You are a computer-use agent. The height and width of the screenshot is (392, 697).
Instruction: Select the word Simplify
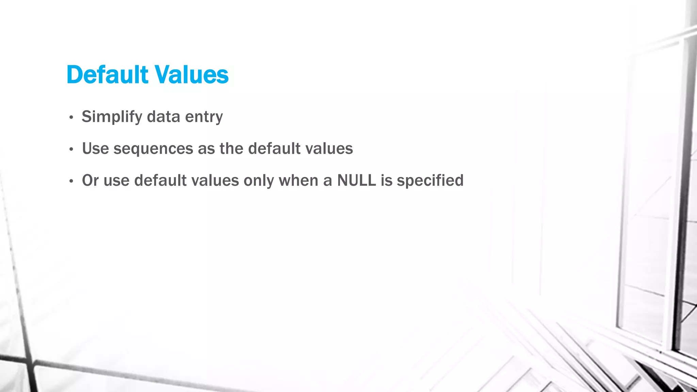(x=112, y=117)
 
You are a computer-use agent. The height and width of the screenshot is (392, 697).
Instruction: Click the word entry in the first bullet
(x=204, y=117)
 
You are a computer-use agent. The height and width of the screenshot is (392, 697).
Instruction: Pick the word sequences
(x=153, y=149)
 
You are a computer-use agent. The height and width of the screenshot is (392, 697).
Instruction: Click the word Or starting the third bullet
(x=91, y=180)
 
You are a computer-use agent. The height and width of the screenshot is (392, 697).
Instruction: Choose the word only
(x=259, y=180)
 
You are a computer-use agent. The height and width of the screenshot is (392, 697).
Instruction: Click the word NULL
(x=356, y=180)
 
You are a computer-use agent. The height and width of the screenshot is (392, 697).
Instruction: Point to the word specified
(x=430, y=180)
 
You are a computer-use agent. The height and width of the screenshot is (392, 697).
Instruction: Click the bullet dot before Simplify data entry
(x=71, y=118)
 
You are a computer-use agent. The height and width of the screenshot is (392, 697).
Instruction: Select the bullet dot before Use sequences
(x=71, y=149)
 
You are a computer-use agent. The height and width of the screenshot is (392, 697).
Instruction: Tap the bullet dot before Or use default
(x=71, y=181)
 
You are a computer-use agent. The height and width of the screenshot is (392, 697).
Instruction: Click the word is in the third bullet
(x=386, y=180)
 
